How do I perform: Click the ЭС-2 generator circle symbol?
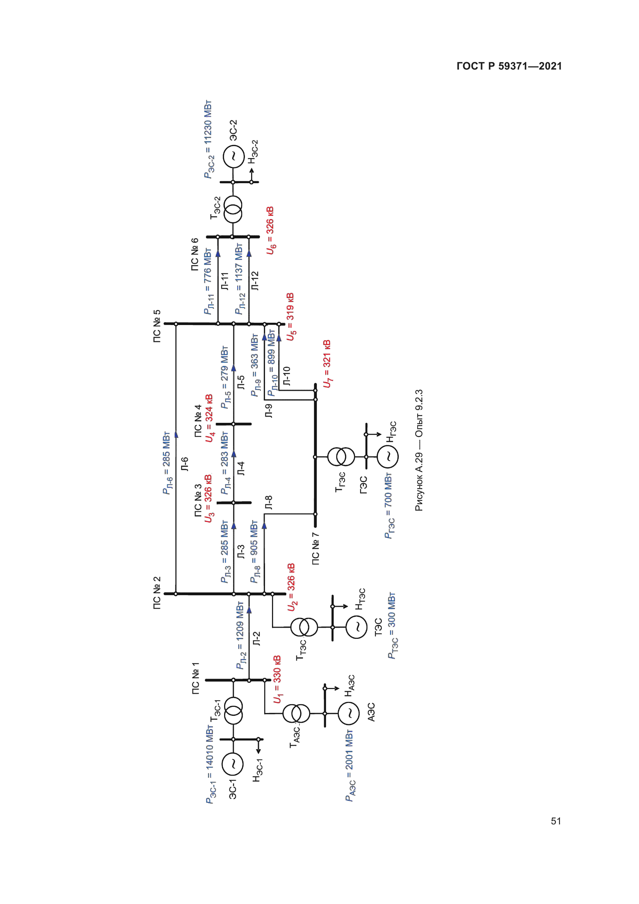point(233,156)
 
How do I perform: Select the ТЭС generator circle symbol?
point(357,627)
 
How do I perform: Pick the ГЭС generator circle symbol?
point(388,456)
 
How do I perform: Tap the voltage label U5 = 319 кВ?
point(291,317)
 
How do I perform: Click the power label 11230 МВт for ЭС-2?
point(208,140)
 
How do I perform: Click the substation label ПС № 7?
point(316,548)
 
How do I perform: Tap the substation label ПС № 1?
point(195,678)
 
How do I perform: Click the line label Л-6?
point(185,464)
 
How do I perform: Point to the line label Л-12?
point(255,281)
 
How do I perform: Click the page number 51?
point(556,821)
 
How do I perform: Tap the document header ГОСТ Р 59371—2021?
point(509,66)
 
